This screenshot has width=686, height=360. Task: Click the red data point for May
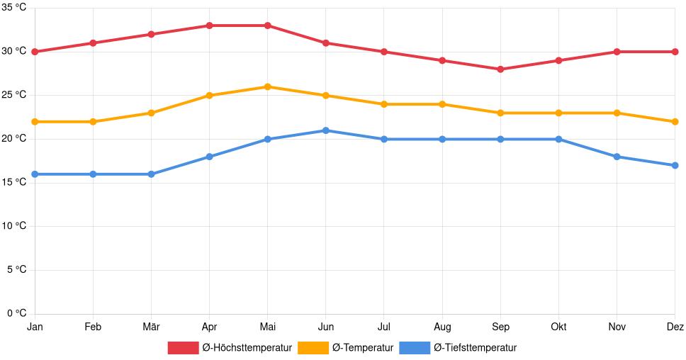point(267,26)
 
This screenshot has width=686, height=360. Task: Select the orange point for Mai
point(267,86)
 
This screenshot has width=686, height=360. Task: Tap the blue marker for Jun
point(326,130)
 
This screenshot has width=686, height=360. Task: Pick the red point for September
point(500,69)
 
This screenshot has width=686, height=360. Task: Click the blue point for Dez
point(675,165)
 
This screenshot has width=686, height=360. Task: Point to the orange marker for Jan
point(35,122)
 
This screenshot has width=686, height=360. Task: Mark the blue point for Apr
point(209,157)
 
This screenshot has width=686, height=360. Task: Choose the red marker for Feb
point(93,43)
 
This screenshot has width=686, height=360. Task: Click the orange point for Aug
point(442,104)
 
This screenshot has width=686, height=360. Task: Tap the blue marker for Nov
point(617,157)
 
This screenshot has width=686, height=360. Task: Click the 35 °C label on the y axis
point(13,8)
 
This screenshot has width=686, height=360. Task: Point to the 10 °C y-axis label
point(13,226)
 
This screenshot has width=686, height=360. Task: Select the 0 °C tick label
point(16,313)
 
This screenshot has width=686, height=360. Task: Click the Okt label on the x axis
point(558,327)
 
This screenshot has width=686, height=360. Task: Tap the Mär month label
point(151,327)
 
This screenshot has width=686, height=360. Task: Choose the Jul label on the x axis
point(384,327)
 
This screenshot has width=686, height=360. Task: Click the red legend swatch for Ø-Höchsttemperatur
point(183,348)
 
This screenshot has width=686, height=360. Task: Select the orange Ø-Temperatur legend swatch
point(313,348)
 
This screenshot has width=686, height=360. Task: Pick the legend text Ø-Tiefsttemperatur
point(475,348)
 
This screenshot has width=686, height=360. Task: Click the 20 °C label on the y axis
point(13,139)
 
